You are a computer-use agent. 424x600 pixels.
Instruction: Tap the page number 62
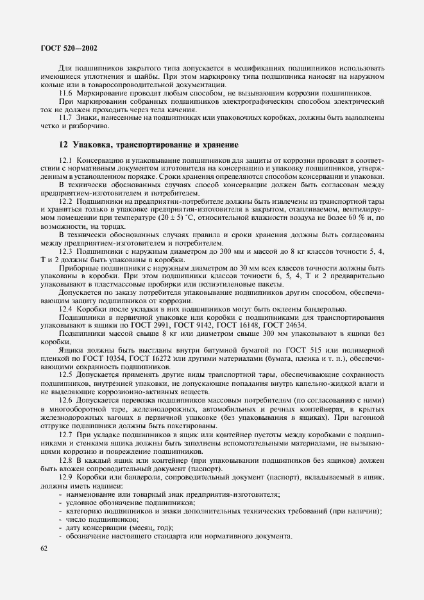[44, 548]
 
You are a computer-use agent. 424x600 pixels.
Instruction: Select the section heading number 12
[64, 145]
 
